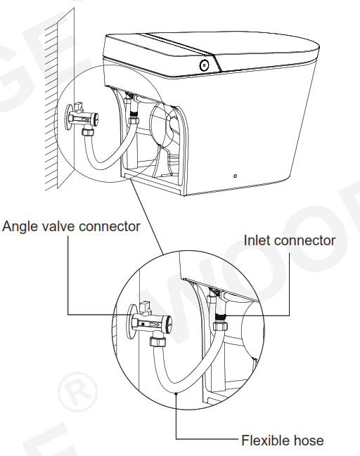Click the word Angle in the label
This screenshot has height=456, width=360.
pyautogui.click(x=20, y=226)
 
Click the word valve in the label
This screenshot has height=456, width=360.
pyautogui.click(x=57, y=226)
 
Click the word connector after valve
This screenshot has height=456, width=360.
pyautogui.click(x=108, y=226)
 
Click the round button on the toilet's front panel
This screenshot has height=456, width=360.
pyautogui.click(x=204, y=65)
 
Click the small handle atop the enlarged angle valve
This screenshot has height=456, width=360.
pyautogui.click(x=147, y=307)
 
